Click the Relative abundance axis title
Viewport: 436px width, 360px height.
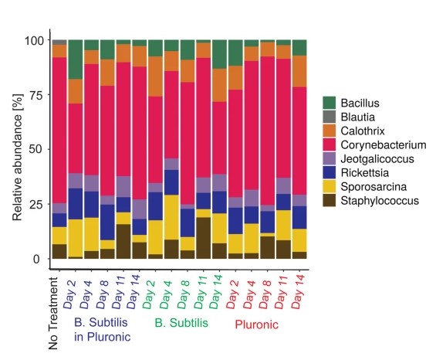17,148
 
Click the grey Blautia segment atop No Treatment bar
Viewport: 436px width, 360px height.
59,42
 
